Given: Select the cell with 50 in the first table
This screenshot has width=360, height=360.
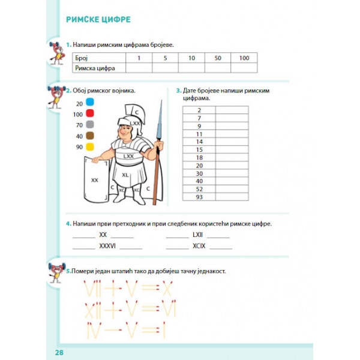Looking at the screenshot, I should (x=218, y=58).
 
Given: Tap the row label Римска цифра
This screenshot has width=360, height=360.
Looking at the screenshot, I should (x=95, y=68).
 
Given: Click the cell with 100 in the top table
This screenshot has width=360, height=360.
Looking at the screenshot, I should (x=244, y=58).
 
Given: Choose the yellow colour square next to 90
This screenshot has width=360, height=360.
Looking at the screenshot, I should (x=90, y=147).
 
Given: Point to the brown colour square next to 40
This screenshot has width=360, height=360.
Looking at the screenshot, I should (x=90, y=136).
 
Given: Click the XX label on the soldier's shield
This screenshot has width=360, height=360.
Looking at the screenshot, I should (x=94, y=179).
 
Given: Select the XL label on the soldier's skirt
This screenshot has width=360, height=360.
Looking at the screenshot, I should (x=125, y=174).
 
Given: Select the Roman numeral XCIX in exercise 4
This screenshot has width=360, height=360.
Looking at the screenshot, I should (x=199, y=246).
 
